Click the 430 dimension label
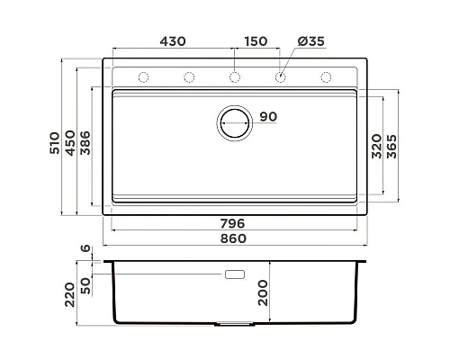coord(172,41)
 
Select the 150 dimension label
coord(256,41)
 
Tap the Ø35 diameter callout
coord(312,41)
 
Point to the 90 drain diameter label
coord(268,116)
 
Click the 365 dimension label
coord(392,145)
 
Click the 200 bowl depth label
coord(264,292)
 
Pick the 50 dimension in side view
coord(86,286)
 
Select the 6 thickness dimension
coord(86,249)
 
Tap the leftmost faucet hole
coord(143,76)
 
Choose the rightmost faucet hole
coord(325,76)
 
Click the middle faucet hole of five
coord(234,76)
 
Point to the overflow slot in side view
coord(235,273)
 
